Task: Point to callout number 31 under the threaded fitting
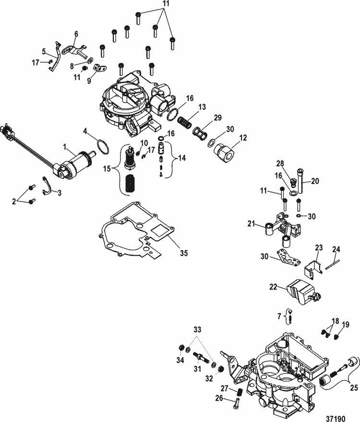tap(196, 368)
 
